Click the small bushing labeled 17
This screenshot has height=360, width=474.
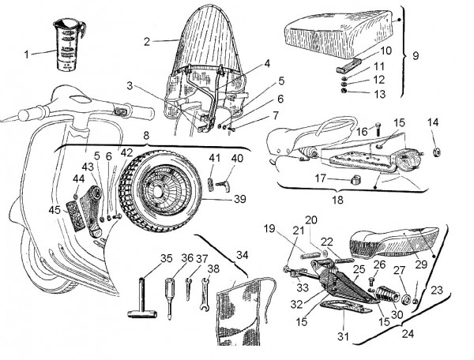click(x=353, y=180)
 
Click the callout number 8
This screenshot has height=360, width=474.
click(x=145, y=136)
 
